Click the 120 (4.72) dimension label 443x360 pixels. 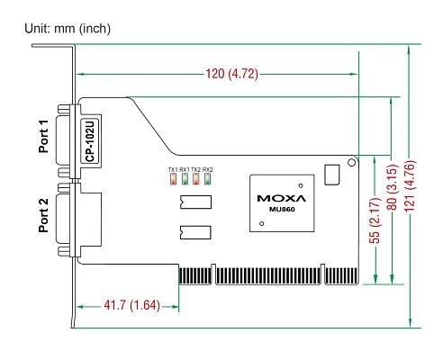[x=231, y=74]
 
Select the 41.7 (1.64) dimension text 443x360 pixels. [x=131, y=305]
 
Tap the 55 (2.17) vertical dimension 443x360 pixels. [x=375, y=220]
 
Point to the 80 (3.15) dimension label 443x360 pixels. [x=393, y=187]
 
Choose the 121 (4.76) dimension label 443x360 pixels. [x=410, y=186]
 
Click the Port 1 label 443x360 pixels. [x=43, y=136]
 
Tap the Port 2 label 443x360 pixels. [x=43, y=215]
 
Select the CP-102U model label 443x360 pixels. [x=90, y=140]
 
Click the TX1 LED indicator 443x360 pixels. [x=173, y=179]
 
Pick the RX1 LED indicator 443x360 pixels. [x=185, y=179]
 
